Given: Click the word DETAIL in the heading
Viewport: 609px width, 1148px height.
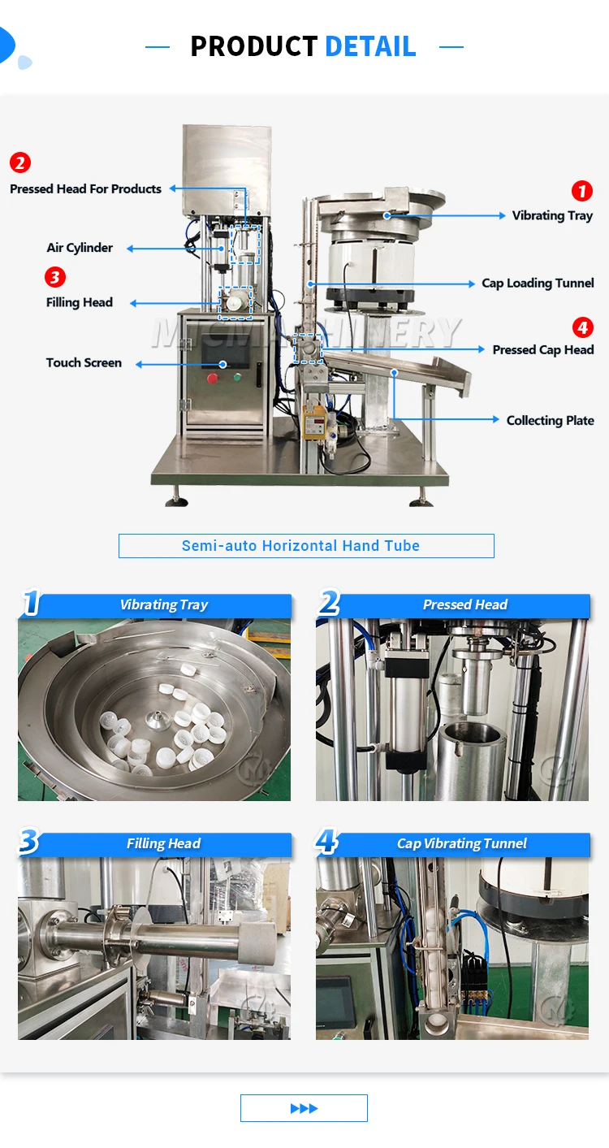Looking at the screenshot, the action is tap(370, 46).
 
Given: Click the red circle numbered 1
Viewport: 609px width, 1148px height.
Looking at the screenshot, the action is tap(582, 191).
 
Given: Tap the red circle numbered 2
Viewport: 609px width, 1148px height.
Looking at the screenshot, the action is tap(20, 162).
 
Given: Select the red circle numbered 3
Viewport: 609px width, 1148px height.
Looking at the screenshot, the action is tap(54, 277).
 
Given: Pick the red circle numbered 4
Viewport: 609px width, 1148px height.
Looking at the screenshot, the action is tap(582, 327).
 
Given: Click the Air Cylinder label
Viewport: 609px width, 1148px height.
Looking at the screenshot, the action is tap(80, 248).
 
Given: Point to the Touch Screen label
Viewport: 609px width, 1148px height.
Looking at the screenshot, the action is tap(84, 362).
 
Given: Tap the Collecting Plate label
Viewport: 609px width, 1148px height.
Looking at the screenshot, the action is tap(550, 420).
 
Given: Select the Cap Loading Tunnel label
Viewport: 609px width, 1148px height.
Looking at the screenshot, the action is tap(538, 283).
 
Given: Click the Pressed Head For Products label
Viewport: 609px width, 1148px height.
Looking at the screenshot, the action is tap(85, 188).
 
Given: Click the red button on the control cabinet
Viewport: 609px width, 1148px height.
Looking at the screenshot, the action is tap(212, 379).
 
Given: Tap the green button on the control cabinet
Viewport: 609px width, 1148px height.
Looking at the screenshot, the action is tap(236, 377).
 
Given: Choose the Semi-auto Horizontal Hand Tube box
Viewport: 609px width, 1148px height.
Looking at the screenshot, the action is tap(306, 546).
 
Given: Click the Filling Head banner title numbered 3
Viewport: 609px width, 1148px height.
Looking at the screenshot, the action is tap(163, 843).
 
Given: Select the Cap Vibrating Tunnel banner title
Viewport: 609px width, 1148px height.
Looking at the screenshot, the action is tap(461, 843).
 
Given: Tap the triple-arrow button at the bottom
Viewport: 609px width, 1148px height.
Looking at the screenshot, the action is tap(304, 1108).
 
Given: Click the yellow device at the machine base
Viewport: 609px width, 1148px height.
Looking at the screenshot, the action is tap(314, 422).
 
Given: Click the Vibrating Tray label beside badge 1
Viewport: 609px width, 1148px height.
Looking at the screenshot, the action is tap(552, 215).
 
